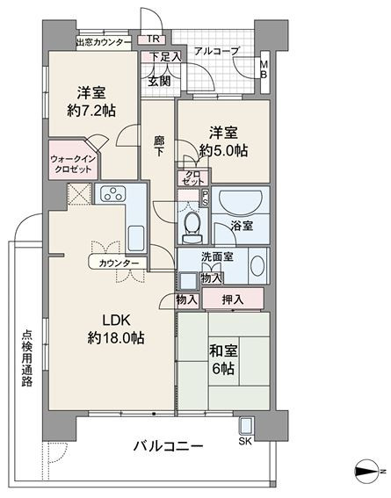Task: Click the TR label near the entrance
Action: click(153, 39)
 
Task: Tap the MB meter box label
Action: click(264, 69)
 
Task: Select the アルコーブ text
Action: click(216, 51)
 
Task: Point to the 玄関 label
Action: click(159, 82)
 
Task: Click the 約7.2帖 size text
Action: click(91, 111)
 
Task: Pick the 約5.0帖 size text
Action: click(223, 150)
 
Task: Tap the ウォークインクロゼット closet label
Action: click(74, 163)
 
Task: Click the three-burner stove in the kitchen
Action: click(113, 193)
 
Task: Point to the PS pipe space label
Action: click(205, 198)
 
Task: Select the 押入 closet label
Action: click(233, 300)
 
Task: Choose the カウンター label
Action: click(119, 263)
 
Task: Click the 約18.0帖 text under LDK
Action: click(116, 338)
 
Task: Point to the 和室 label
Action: click(223, 351)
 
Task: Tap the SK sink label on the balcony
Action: click(245, 441)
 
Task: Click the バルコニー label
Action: click(168, 446)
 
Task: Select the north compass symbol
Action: click(367, 471)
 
